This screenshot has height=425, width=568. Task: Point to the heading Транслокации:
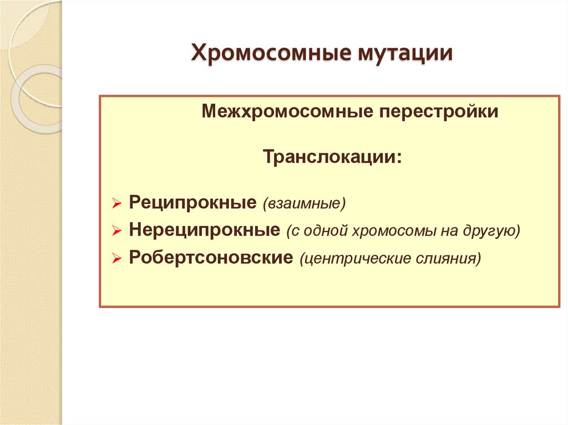(332, 157)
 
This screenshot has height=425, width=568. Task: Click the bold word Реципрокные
(192, 202)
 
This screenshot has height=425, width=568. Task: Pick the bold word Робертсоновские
(211, 258)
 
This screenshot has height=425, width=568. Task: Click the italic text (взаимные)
(305, 203)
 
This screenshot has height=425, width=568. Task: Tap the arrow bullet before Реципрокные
(116, 204)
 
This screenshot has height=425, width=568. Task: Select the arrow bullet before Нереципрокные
(116, 232)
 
